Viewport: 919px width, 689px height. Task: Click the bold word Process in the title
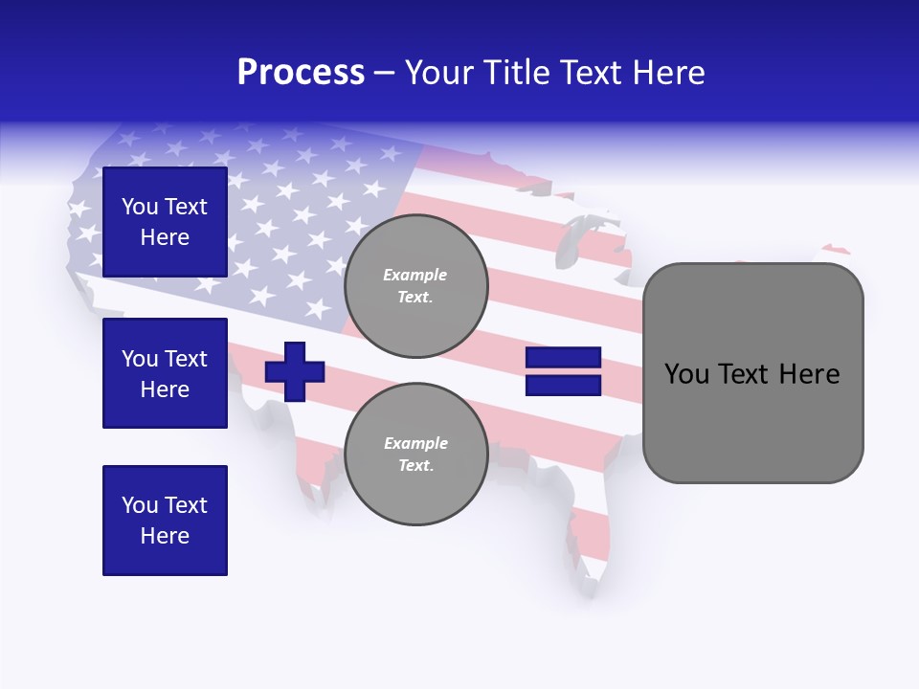pos(301,73)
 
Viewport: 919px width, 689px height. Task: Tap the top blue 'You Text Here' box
pos(165,222)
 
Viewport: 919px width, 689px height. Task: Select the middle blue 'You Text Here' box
pos(165,373)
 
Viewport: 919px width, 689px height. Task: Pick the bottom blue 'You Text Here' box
pos(165,521)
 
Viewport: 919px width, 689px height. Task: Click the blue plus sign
pos(295,371)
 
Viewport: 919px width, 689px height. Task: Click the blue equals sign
pos(563,371)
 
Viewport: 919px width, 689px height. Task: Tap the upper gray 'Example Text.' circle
pos(415,286)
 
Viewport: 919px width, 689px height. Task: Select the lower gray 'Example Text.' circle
pos(415,455)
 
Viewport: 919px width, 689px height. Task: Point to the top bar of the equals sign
pos(563,358)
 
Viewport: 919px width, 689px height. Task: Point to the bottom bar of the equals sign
pos(563,386)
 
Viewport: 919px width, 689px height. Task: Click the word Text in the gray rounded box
pos(747,374)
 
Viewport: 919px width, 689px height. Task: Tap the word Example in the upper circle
pos(415,276)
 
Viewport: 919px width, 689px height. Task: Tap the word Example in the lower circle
pos(415,444)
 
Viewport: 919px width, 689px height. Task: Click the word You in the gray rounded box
pos(686,374)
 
